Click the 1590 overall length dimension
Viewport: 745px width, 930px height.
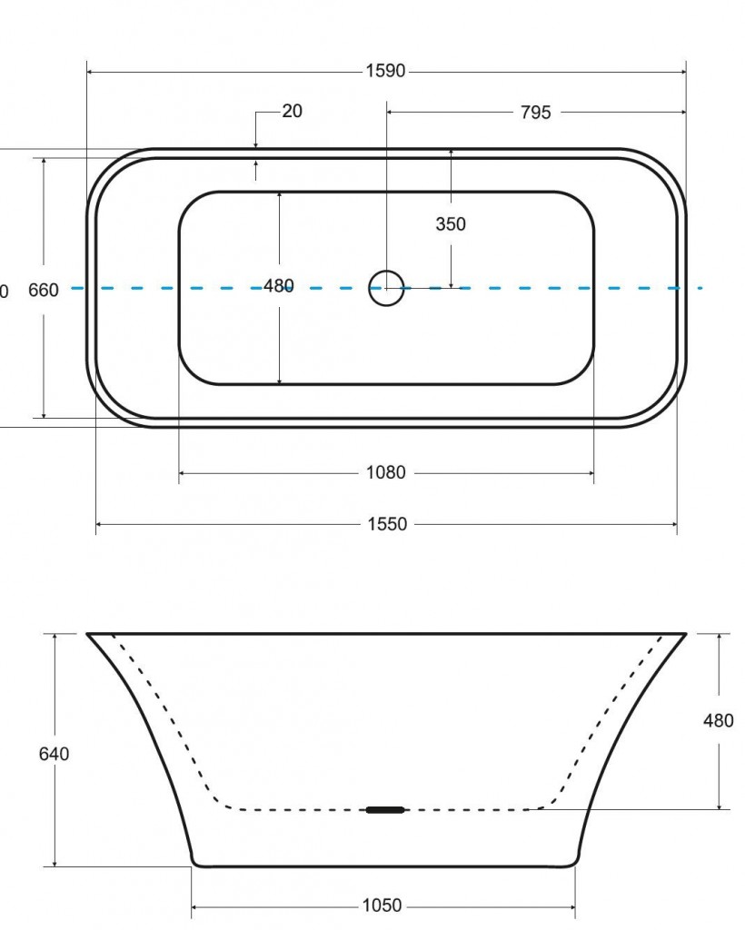pos(385,72)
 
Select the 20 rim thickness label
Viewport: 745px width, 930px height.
pos(292,112)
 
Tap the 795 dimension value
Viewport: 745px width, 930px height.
pos(535,113)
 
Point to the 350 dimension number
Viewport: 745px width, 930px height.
pos(451,224)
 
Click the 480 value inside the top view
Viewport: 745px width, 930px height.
pos(279,286)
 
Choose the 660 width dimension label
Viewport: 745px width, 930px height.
pos(44,291)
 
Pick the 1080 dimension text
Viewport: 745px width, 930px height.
pos(385,473)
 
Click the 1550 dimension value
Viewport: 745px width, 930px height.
pos(387,524)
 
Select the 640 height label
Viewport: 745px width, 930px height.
pos(55,754)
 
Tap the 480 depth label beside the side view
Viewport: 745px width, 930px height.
pos(719,721)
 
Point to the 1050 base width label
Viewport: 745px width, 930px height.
pos(382,905)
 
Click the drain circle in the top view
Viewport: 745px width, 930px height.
pos(386,288)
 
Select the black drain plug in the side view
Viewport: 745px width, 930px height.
pos(385,809)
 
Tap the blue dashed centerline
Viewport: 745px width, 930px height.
pos(545,288)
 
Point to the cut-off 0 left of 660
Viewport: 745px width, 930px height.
pos(4,292)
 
